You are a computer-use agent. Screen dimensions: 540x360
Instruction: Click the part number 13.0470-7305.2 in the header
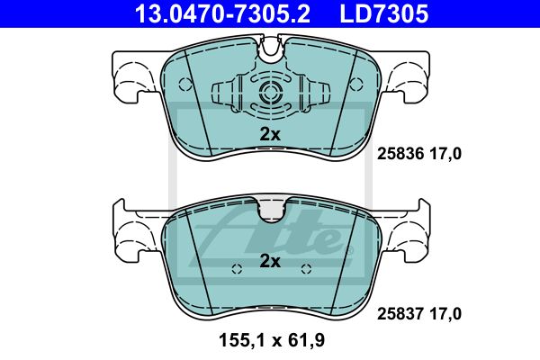click(223, 13)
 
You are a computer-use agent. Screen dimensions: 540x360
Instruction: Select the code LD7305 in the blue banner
click(384, 13)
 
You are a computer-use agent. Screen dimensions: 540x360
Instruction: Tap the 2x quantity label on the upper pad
click(270, 134)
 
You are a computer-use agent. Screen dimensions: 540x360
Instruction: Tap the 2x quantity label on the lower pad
click(270, 261)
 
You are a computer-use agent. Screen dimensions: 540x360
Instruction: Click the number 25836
click(400, 154)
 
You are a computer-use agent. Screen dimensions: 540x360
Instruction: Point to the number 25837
click(400, 314)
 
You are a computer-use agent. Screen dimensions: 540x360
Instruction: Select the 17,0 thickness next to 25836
click(445, 154)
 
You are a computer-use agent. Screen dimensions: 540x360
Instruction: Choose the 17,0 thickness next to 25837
click(445, 314)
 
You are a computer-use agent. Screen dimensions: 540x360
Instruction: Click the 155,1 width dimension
click(242, 340)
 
